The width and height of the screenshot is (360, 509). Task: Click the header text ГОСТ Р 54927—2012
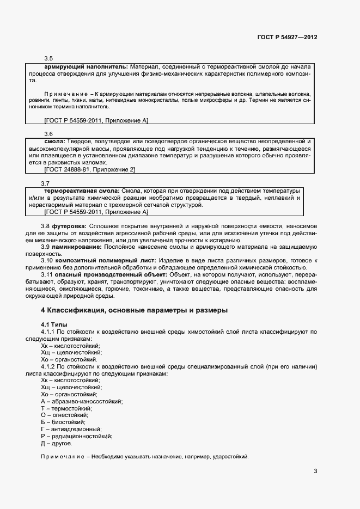[287, 38]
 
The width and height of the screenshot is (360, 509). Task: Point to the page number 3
[315, 471]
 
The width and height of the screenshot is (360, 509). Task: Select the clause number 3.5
[48, 58]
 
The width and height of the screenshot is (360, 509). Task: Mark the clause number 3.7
[46, 183]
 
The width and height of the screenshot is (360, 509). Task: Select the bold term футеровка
[69, 225]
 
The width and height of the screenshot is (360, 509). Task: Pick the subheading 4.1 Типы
[54, 324]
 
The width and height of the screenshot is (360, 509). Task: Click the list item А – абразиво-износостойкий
[82, 401]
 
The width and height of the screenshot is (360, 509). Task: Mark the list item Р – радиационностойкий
[76, 436]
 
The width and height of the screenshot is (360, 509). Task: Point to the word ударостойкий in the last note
[233, 457]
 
